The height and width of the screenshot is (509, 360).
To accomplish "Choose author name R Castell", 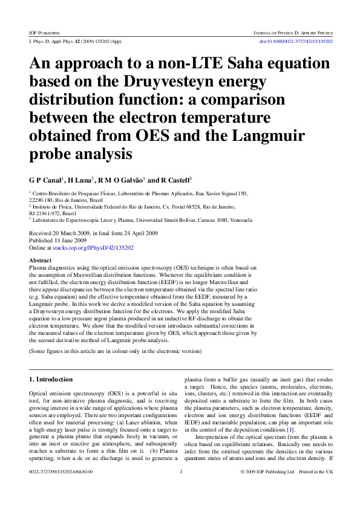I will [x=174, y=180].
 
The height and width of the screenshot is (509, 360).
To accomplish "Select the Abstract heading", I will [x=41, y=260].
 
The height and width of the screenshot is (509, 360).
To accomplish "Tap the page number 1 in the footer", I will [x=181, y=488].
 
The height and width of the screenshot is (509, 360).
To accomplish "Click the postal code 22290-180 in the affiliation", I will [x=42, y=199].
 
